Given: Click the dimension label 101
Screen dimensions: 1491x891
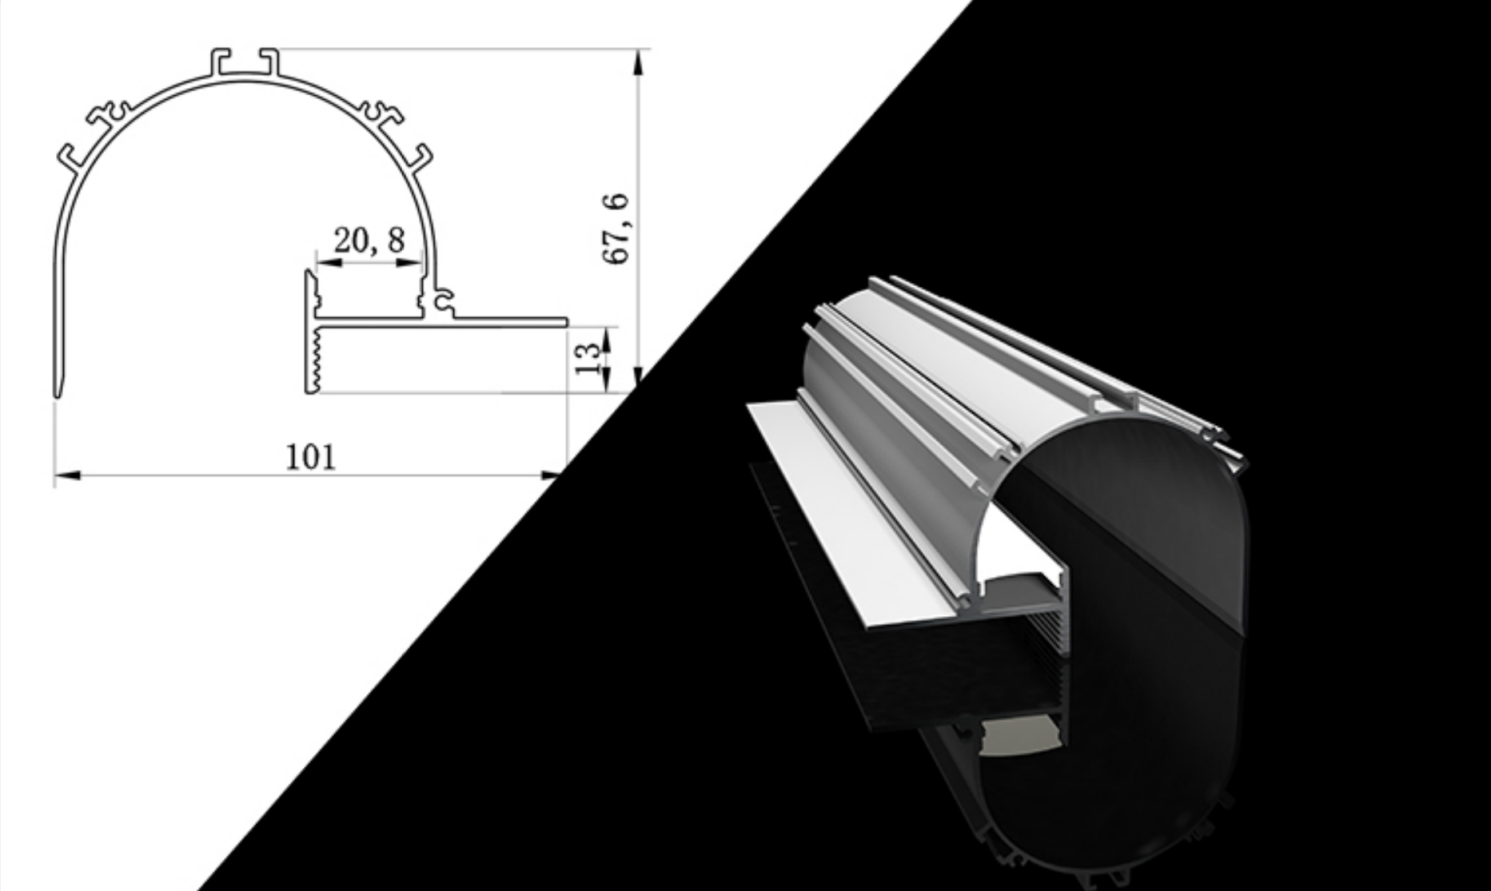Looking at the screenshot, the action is pos(311,457).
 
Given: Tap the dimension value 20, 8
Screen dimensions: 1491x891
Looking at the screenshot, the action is pos(369,240).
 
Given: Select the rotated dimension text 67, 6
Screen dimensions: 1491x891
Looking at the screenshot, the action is pos(616,229).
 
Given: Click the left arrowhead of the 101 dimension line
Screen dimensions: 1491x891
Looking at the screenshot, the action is pos(67,475).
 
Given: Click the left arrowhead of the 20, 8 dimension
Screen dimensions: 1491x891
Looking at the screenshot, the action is pos(329,261).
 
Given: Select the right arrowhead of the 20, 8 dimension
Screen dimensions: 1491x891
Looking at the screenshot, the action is pos(409,261).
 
